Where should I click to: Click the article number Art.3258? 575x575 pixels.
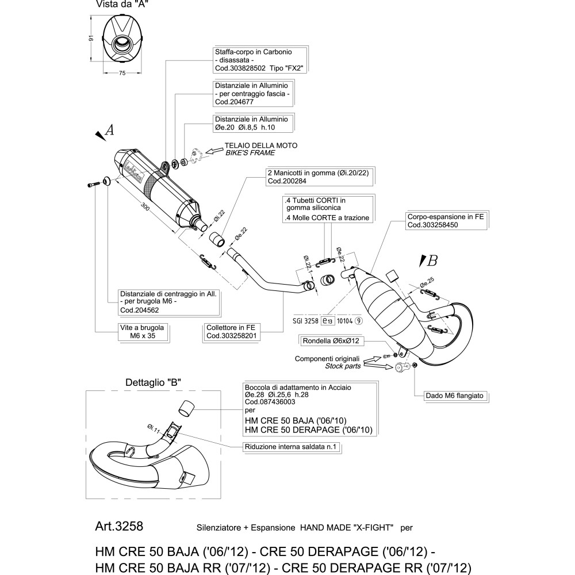click(x=118, y=527)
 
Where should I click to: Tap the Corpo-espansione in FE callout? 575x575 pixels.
click(x=441, y=222)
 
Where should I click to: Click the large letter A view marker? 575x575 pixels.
click(x=110, y=131)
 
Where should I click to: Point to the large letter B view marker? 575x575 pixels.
click(x=432, y=260)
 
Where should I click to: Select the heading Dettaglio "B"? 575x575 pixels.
click(x=154, y=382)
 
